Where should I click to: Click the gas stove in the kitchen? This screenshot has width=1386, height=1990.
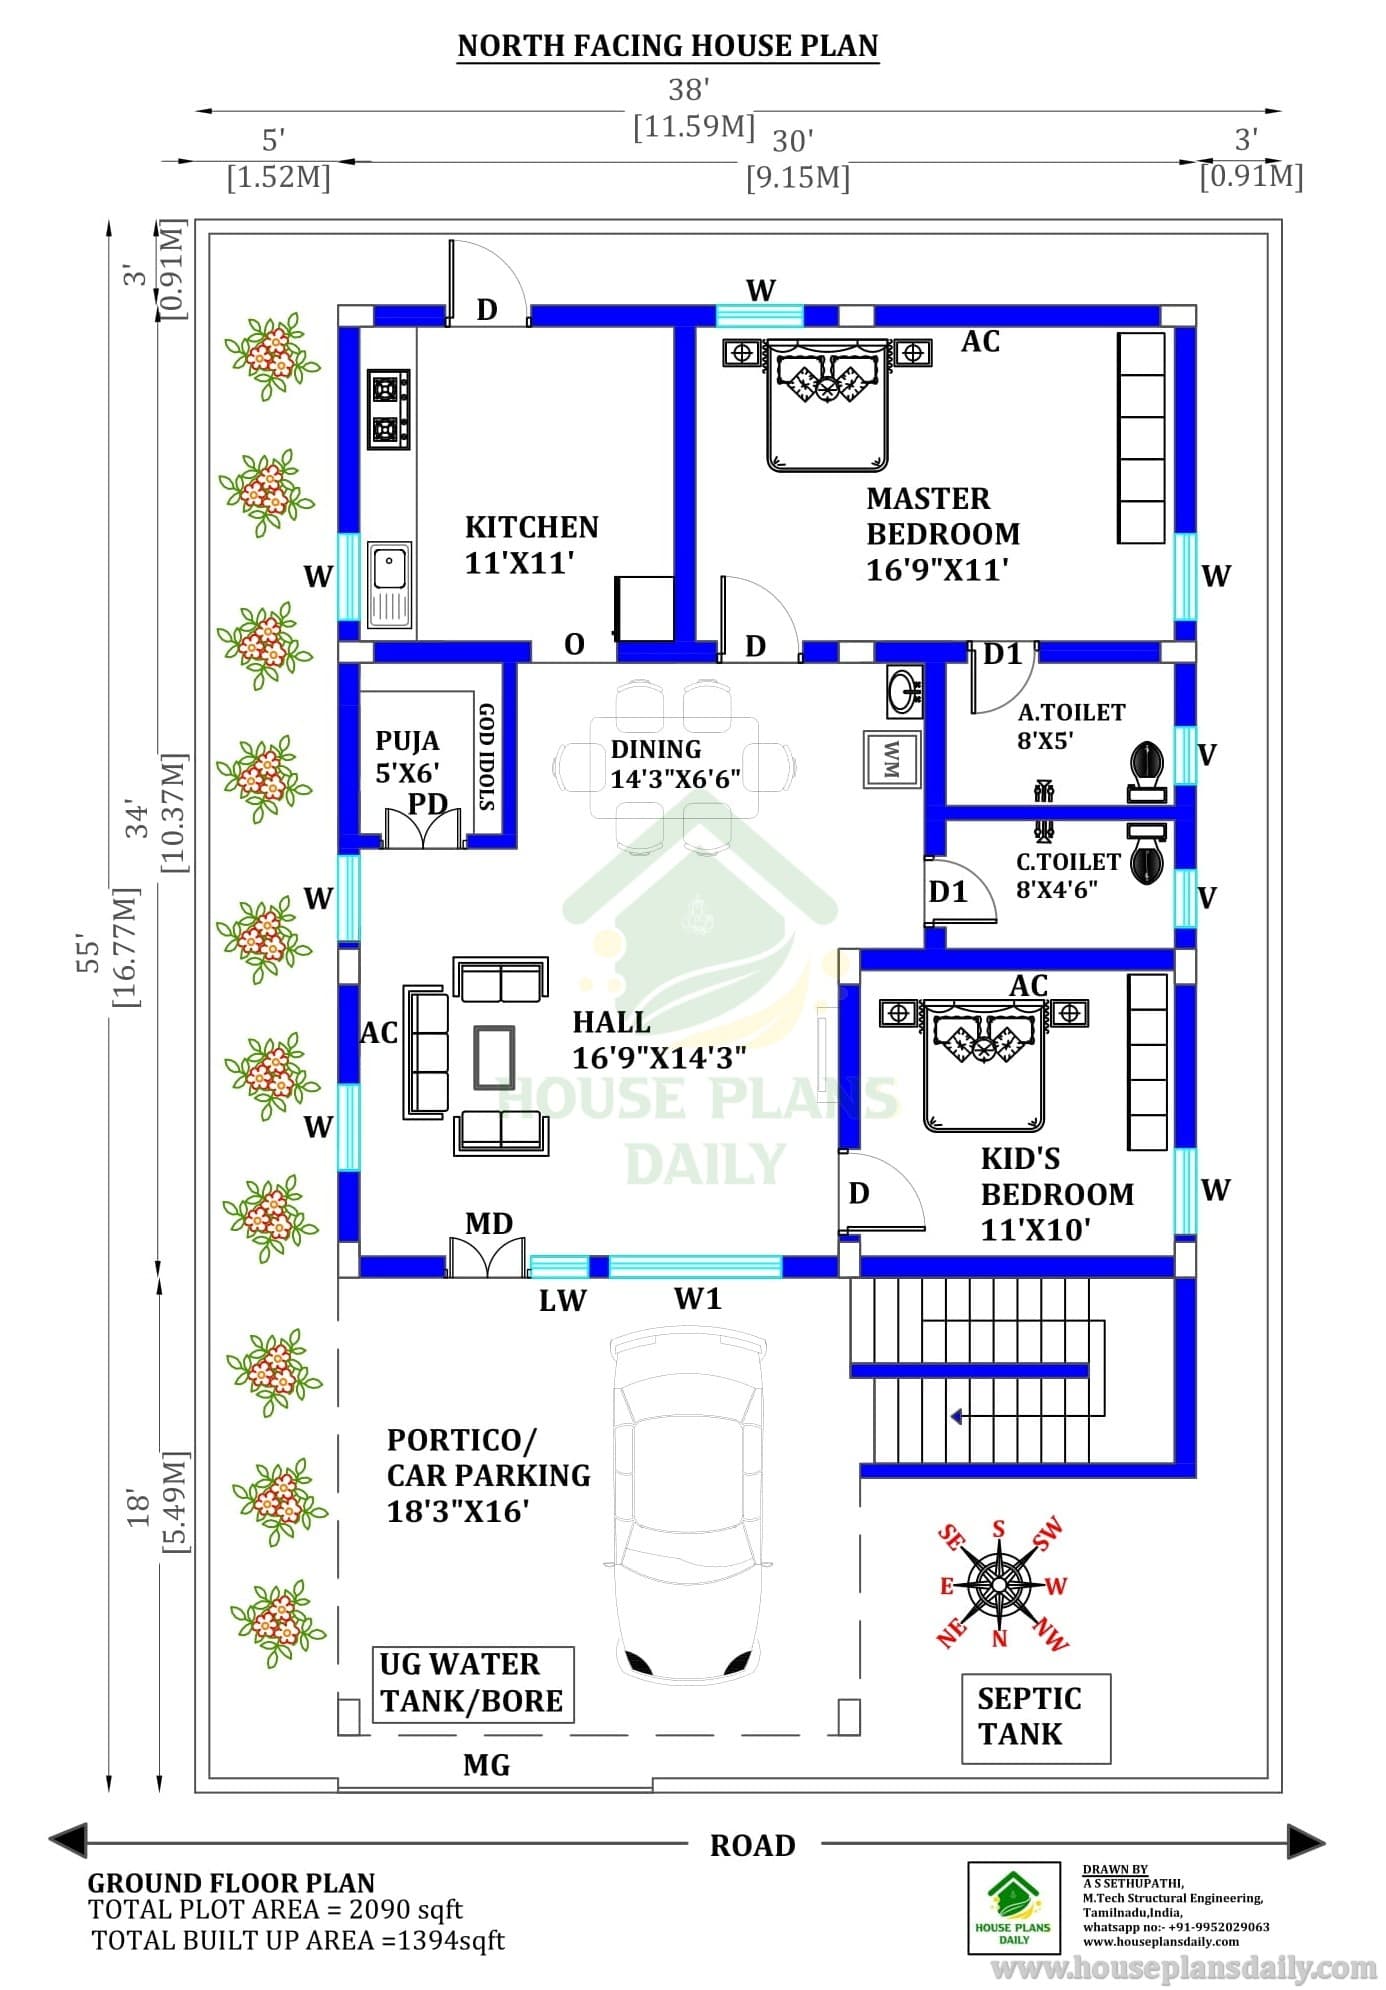[388, 409]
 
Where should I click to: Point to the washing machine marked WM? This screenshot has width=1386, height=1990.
[892, 760]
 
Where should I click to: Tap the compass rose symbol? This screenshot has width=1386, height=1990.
[1000, 1585]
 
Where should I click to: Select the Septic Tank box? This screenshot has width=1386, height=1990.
[1036, 1718]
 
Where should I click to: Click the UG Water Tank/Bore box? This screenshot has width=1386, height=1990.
[473, 1684]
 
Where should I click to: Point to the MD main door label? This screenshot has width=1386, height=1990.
[489, 1223]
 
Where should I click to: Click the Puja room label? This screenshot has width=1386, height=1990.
[408, 756]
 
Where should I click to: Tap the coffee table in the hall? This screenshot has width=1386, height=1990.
[495, 1057]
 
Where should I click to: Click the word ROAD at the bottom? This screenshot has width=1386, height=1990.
[752, 1845]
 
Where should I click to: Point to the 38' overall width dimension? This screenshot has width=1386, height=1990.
[689, 90]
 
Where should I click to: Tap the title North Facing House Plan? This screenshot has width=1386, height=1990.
[668, 46]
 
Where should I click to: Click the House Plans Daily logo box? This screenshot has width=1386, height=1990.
[1014, 1908]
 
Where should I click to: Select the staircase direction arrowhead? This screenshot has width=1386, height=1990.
[957, 1416]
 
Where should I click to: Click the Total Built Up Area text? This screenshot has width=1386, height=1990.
[298, 1941]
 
